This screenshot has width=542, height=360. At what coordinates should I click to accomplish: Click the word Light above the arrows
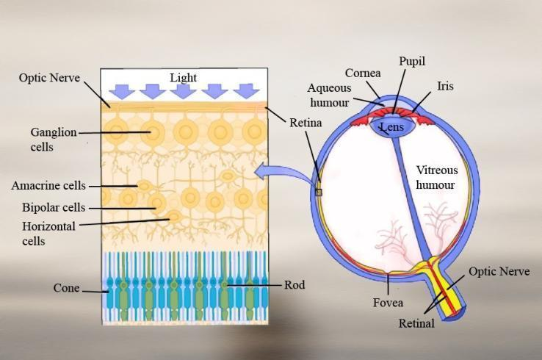[x=183, y=77]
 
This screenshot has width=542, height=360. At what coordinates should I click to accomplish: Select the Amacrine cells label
[x=48, y=185]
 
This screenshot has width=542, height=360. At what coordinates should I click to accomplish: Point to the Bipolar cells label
[x=54, y=207]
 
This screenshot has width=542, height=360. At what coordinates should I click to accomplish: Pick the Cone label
[x=66, y=287]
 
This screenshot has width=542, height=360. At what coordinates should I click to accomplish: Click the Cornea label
[x=363, y=73]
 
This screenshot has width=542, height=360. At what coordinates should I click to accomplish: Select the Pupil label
[x=411, y=62]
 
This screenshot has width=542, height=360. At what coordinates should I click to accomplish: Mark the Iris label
[x=445, y=86]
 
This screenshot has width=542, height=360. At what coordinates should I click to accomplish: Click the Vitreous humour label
[x=436, y=177]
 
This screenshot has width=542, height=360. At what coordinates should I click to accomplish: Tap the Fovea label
[x=388, y=301]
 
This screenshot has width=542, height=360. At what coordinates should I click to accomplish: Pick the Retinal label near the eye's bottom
[x=416, y=323]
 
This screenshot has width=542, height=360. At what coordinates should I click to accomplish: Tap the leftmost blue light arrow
[x=120, y=90]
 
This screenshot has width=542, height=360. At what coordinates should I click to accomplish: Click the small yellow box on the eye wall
[x=319, y=192]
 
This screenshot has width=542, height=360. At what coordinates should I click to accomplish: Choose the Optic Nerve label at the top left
[x=48, y=77]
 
